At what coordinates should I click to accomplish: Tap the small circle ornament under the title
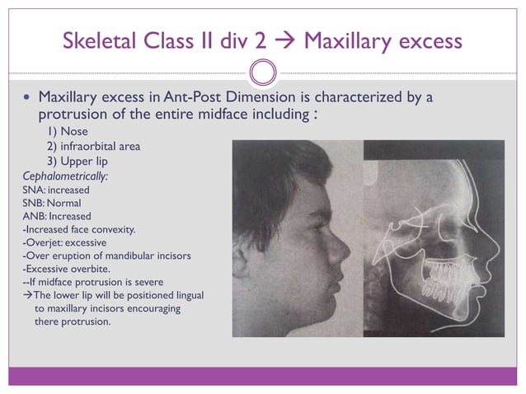pyautogui.click(x=262, y=72)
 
